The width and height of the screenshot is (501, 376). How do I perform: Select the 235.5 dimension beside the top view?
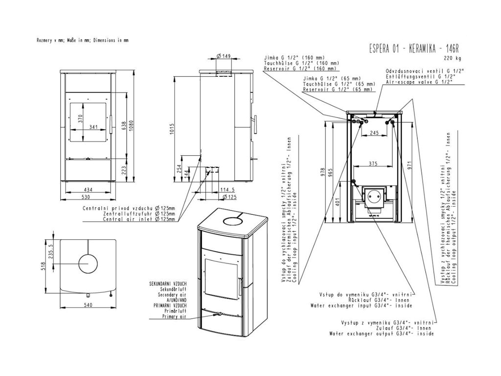click(x=49, y=252)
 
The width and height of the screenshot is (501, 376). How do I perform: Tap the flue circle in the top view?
click(x=88, y=264)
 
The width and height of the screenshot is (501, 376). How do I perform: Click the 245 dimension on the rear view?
click(x=375, y=133)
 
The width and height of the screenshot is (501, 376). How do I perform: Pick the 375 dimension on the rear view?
click(x=375, y=164)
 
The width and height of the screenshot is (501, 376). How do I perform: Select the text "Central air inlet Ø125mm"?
click(x=139, y=219)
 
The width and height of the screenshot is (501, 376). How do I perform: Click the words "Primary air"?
click(x=175, y=317)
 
